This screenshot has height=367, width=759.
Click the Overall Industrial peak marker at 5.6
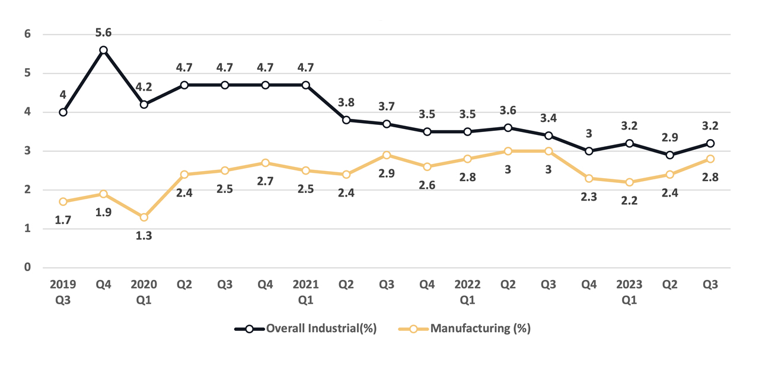click(x=103, y=50)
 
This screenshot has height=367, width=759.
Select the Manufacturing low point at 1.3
click(x=143, y=217)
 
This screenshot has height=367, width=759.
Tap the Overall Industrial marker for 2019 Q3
click(x=63, y=112)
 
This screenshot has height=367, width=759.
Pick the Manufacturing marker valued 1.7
click(x=63, y=202)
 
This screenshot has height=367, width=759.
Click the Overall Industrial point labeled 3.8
click(x=346, y=120)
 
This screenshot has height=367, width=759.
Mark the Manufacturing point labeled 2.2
click(x=629, y=182)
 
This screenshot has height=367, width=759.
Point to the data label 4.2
click(x=143, y=87)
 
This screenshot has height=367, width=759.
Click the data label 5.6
click(x=103, y=32)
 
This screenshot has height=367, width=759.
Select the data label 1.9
click(x=103, y=212)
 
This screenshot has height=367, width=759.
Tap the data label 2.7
click(x=265, y=181)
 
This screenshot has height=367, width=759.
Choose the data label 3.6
click(x=508, y=110)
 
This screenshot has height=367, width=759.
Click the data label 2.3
click(x=589, y=197)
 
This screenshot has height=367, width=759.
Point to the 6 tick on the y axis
click(x=27, y=34)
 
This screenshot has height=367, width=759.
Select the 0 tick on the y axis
click(x=27, y=268)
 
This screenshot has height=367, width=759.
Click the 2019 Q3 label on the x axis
click(x=63, y=292)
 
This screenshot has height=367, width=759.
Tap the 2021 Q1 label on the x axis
click(x=305, y=292)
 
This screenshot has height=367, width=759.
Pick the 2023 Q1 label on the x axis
click(x=629, y=292)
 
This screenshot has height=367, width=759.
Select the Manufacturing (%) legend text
click(x=480, y=329)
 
